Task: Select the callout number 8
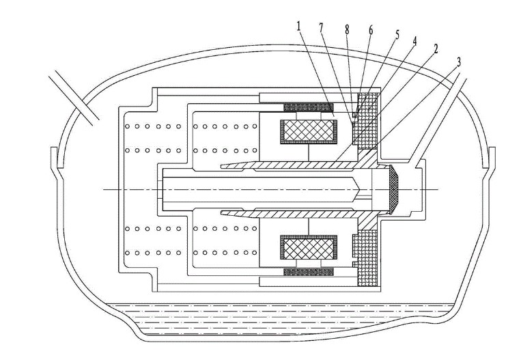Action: [347, 29]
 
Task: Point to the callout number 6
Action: [370, 29]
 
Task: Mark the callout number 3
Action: [458, 61]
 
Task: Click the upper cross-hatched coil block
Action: [309, 131]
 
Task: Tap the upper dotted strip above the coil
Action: [308, 107]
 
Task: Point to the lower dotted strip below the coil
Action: [308, 272]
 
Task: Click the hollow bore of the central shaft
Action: [259, 189]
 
